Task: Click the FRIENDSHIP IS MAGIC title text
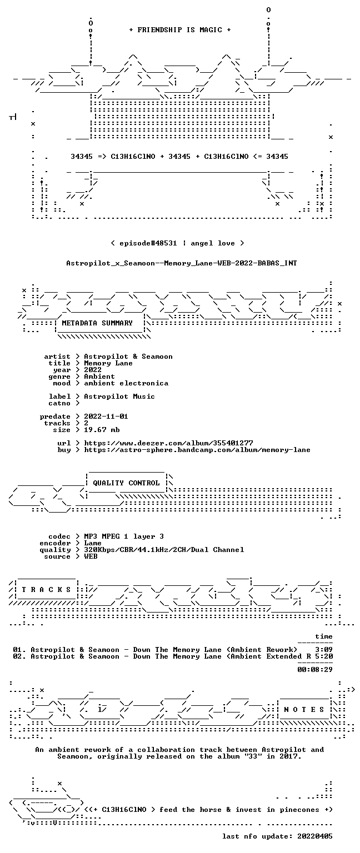(x=180, y=29)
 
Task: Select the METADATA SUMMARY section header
(x=97, y=323)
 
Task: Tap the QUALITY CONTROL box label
(x=126, y=483)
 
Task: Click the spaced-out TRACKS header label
(x=46, y=589)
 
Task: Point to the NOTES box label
(x=304, y=709)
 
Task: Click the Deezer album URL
(x=168, y=443)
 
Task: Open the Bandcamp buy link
(x=197, y=450)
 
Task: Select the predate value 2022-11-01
(x=106, y=416)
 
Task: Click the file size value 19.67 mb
(x=102, y=429)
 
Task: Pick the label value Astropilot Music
(x=119, y=397)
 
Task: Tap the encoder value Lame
(x=93, y=543)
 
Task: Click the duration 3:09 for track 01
(x=324, y=650)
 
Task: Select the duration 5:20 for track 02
(x=324, y=656)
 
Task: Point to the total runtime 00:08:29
(x=314, y=669)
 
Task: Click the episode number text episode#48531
(x=148, y=243)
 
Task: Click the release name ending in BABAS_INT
(x=181, y=263)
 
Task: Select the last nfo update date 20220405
(x=314, y=836)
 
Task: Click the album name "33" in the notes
(x=255, y=756)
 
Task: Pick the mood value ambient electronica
(x=126, y=383)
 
